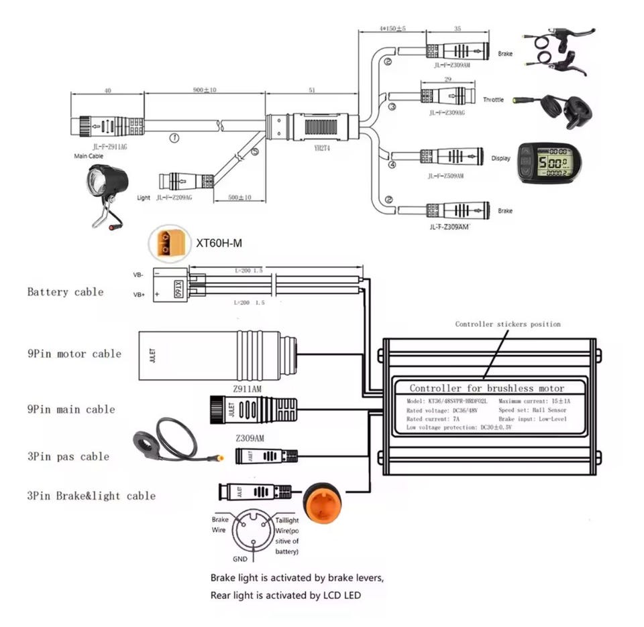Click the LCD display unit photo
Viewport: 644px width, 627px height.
549,163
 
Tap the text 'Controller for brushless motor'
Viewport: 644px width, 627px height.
486,389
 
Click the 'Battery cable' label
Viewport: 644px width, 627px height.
65,292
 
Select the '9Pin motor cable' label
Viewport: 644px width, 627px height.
74,354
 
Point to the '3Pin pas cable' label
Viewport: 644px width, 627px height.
68,457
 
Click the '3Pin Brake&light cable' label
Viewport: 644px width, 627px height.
91,496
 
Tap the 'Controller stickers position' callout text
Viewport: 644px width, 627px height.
507,324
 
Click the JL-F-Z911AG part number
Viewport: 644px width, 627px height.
99,143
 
